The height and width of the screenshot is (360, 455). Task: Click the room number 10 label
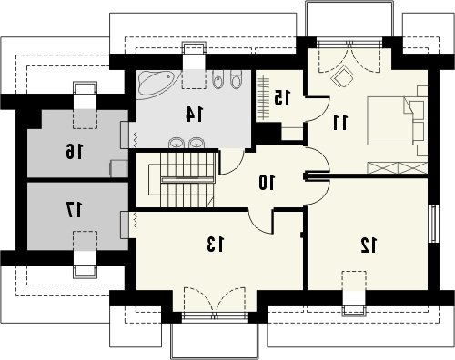[x=267, y=183]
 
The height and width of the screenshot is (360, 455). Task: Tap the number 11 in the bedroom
[x=340, y=122]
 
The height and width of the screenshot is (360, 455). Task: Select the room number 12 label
[x=369, y=245]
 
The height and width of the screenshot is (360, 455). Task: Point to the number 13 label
[x=216, y=245]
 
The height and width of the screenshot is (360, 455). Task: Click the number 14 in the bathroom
[x=195, y=115]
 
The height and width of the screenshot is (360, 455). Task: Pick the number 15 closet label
[x=282, y=97]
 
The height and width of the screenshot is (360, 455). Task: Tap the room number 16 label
[x=74, y=152]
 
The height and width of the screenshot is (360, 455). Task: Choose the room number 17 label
[x=74, y=210]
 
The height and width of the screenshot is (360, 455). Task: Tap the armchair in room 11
[x=342, y=75]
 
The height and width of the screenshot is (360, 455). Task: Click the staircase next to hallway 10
[x=182, y=180]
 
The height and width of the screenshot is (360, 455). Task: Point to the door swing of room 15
[x=318, y=109]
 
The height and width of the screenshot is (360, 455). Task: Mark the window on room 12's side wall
[x=435, y=224]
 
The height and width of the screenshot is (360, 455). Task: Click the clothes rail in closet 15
[x=263, y=97]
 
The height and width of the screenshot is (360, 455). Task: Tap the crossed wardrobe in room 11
[x=397, y=167]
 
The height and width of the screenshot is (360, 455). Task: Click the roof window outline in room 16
[x=86, y=105]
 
